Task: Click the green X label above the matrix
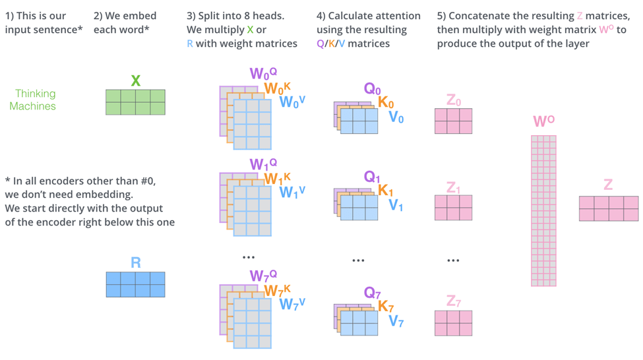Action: (x=135, y=81)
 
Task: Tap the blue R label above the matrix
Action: (x=135, y=262)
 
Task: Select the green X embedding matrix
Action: (x=135, y=102)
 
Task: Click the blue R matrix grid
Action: (x=135, y=284)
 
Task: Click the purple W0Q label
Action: (x=262, y=74)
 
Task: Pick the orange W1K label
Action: (x=277, y=178)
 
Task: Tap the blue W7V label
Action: (x=291, y=304)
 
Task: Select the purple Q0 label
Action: (x=372, y=89)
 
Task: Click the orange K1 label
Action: (x=386, y=191)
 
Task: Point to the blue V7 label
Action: (x=396, y=322)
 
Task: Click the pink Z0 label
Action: (x=453, y=100)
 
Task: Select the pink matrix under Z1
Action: (x=453, y=208)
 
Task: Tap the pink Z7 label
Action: (x=453, y=302)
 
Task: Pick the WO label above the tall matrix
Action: (x=543, y=121)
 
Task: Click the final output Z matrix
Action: (x=608, y=208)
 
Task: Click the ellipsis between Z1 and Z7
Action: (x=453, y=261)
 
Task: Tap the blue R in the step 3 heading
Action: (x=190, y=44)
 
